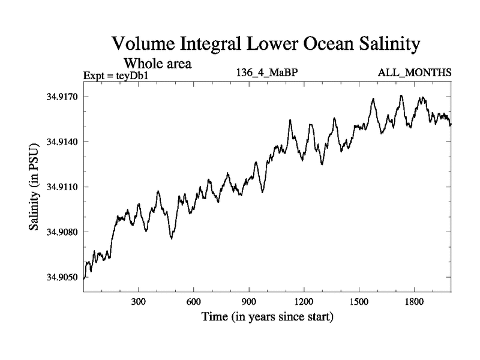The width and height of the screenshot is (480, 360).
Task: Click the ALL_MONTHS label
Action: pos(414,73)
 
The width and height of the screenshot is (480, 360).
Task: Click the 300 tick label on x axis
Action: pos(139,301)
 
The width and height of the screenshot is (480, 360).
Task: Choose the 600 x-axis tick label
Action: pos(194,301)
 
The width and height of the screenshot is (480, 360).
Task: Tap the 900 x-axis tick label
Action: pos(249,301)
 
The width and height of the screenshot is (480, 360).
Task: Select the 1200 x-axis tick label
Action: pos(304,301)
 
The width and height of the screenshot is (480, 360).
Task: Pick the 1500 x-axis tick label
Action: pos(359,301)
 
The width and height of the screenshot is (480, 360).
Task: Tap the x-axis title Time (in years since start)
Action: pos(267,316)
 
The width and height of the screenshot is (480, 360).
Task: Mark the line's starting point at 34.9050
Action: pos(84,278)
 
